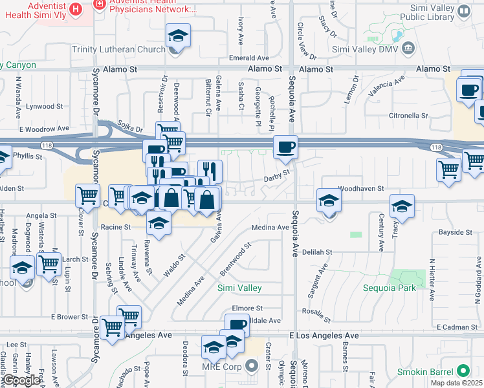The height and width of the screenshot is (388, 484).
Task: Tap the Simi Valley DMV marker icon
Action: click(x=408, y=48)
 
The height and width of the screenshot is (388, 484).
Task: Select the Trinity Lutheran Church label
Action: click(x=129, y=49)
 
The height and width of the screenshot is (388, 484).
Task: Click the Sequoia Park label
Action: click(x=390, y=288)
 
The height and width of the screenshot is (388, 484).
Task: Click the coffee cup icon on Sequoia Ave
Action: click(x=285, y=147)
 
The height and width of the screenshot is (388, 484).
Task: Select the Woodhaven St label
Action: click(x=361, y=188)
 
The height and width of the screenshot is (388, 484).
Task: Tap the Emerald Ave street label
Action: click(x=248, y=58)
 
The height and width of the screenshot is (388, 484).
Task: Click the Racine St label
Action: click(x=116, y=228)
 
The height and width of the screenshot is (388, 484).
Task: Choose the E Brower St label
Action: click(x=70, y=317)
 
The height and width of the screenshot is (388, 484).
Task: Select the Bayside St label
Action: click(x=456, y=232)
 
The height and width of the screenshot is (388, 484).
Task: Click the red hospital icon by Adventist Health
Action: click(x=76, y=9)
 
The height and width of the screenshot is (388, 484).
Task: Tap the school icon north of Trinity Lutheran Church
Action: click(x=178, y=35)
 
